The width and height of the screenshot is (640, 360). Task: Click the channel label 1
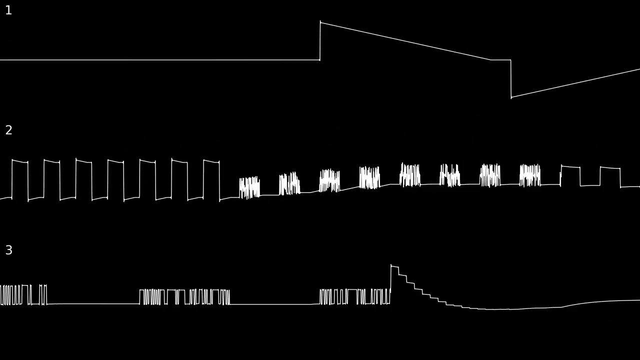click(8, 10)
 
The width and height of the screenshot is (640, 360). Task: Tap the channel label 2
click(8, 130)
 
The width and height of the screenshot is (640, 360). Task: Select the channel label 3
click(9, 250)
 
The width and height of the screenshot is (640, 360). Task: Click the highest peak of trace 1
click(320, 21)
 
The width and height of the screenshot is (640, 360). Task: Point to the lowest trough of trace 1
click(511, 97)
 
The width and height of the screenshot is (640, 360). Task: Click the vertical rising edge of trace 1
click(320, 41)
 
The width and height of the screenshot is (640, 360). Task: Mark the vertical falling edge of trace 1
click(511, 79)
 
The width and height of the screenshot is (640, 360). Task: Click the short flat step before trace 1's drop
click(501, 59)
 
